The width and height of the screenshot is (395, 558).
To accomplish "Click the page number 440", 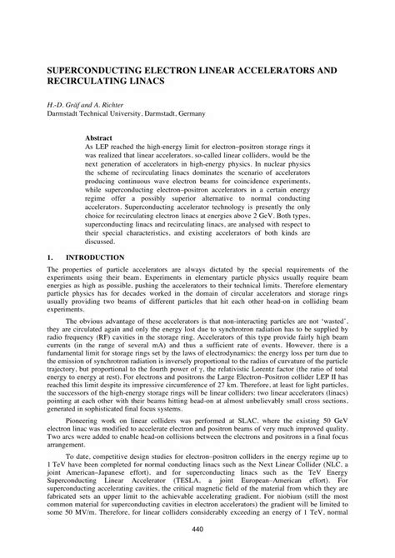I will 197,531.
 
